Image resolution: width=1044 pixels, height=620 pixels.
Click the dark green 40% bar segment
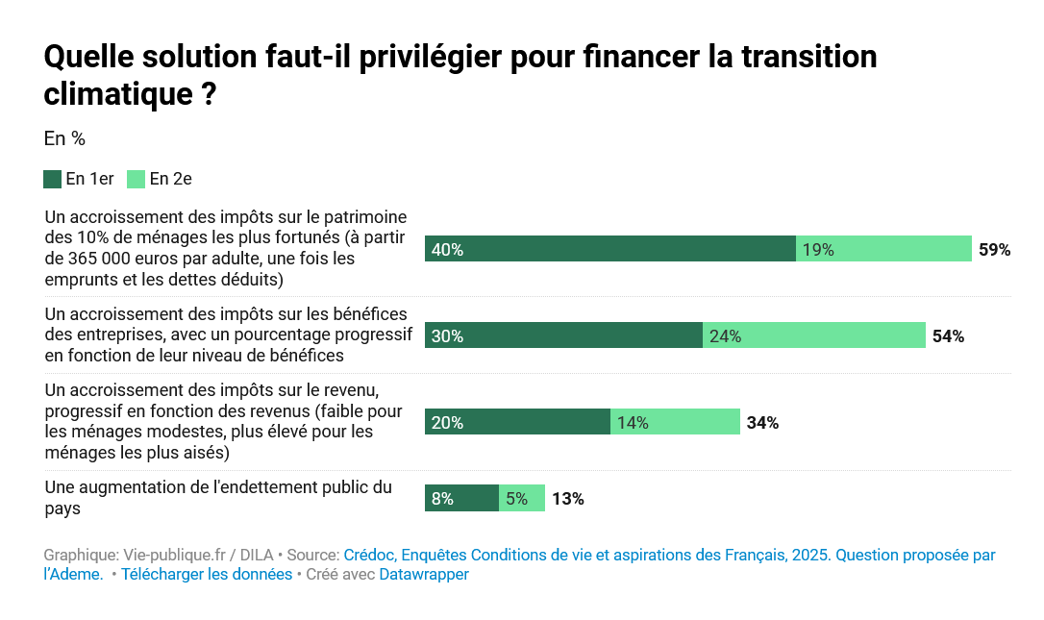[x=610, y=249]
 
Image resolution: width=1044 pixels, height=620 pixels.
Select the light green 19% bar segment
[x=884, y=249]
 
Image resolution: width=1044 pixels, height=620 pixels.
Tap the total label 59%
[x=995, y=250]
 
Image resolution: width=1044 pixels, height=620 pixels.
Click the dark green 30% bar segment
[x=564, y=335]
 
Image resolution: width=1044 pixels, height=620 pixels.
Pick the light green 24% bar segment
[x=814, y=335]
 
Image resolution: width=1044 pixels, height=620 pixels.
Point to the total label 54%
[x=948, y=336]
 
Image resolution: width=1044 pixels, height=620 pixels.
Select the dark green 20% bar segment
[x=518, y=422]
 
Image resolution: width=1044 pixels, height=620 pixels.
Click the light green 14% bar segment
[x=675, y=422]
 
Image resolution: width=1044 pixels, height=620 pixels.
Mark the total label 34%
[x=762, y=423]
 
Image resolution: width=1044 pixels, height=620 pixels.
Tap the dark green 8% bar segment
[x=462, y=498]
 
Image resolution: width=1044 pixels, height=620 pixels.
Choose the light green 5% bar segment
[x=522, y=498]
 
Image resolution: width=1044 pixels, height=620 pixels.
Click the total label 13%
[x=568, y=499]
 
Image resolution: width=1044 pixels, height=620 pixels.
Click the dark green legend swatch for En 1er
[x=53, y=179]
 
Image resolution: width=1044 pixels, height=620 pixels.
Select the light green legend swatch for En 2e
[x=136, y=179]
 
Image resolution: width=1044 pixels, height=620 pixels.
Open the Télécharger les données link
[x=207, y=575]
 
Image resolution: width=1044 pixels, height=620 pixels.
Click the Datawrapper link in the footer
[x=424, y=575]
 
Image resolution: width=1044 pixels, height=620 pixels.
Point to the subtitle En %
[x=64, y=138]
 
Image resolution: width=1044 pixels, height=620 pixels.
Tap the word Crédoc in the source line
[x=368, y=556]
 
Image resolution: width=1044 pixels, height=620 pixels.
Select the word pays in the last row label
[x=62, y=508]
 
